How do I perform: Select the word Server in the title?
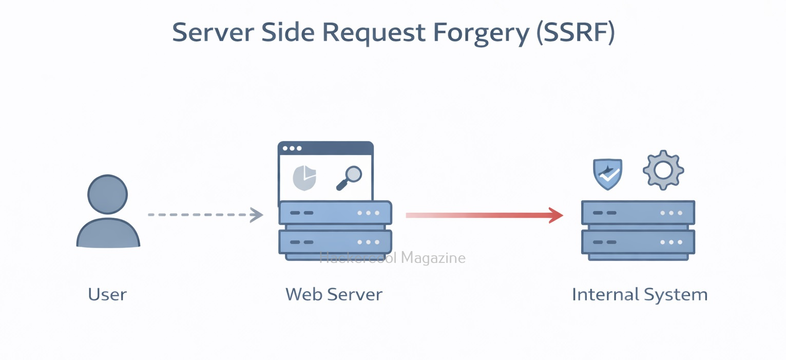click(x=213, y=33)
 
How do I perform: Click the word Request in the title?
click(x=373, y=33)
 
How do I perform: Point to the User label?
click(x=107, y=295)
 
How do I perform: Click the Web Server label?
click(x=334, y=295)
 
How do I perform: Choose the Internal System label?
click(x=640, y=295)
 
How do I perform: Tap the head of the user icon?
click(x=108, y=195)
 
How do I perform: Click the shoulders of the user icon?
click(x=108, y=235)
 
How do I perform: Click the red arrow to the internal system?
click(x=477, y=215)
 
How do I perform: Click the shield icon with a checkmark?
click(x=608, y=174)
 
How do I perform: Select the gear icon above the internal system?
click(x=663, y=170)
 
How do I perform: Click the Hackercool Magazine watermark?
click(x=393, y=257)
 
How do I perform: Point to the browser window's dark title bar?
click(x=325, y=148)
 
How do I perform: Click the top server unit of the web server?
click(x=335, y=213)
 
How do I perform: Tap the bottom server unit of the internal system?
click(x=638, y=242)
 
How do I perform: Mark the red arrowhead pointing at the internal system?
click(x=556, y=215)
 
